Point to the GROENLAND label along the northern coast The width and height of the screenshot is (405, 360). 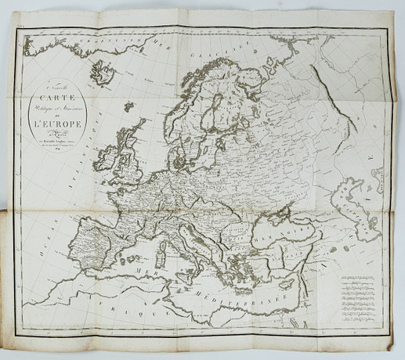point(74,41)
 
